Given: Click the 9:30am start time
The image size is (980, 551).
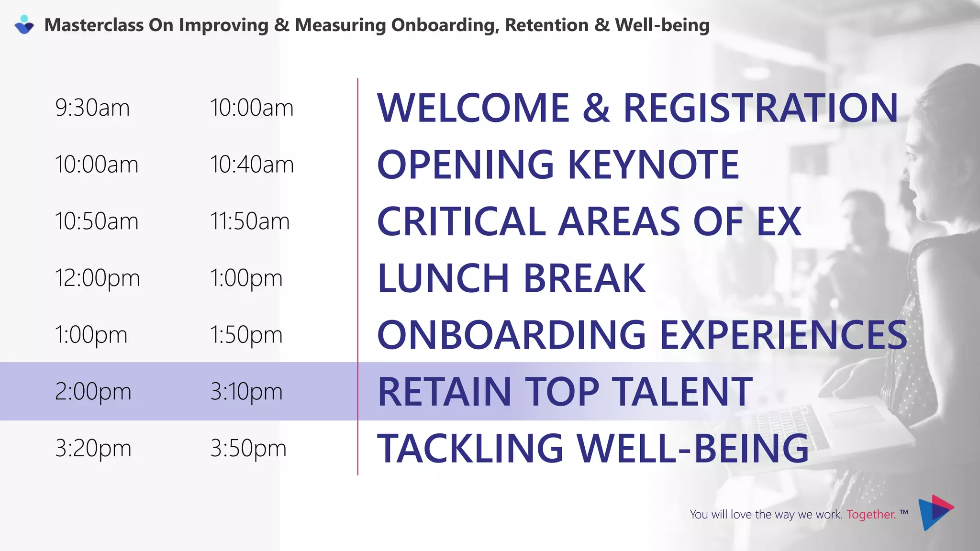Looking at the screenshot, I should (x=92, y=108).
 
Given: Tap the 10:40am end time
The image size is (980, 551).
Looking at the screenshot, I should (x=252, y=165).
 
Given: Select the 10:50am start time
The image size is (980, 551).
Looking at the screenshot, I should (x=96, y=221).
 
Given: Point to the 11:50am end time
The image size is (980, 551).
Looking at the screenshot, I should (x=249, y=221).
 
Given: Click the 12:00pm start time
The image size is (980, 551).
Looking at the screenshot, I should (x=97, y=278).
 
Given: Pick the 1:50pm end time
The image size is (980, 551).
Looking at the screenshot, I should (x=246, y=335).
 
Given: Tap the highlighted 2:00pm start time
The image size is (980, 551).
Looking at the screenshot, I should (x=93, y=392).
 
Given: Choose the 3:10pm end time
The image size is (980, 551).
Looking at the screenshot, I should (x=246, y=392).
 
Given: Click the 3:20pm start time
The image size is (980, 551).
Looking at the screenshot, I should (x=93, y=449).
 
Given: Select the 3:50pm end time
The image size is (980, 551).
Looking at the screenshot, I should (x=248, y=449).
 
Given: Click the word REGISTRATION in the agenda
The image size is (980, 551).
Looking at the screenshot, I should (x=760, y=108).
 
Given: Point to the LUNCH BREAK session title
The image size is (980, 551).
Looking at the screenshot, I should (x=512, y=278).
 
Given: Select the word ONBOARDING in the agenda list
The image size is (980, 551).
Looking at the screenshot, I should (x=512, y=335).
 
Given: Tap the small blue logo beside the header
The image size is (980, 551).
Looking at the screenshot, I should (x=24, y=25).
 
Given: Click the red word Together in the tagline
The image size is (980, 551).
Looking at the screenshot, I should (x=871, y=515).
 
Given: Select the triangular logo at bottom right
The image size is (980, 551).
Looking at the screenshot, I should (x=935, y=512).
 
